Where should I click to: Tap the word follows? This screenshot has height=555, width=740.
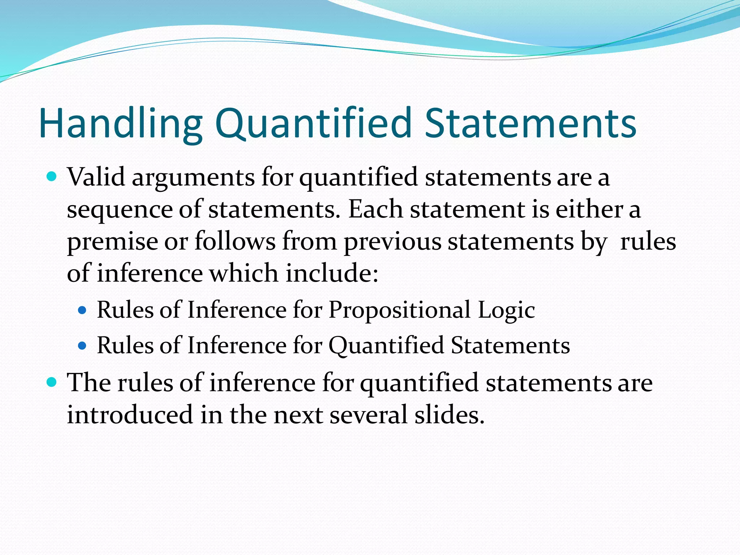click(x=235, y=241)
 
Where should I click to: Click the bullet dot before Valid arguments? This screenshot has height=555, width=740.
click(x=52, y=177)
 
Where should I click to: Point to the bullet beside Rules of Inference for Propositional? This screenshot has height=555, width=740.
click(x=83, y=310)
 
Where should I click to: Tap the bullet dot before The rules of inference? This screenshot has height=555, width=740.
click(x=52, y=382)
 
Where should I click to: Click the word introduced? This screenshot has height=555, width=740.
click(x=130, y=414)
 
